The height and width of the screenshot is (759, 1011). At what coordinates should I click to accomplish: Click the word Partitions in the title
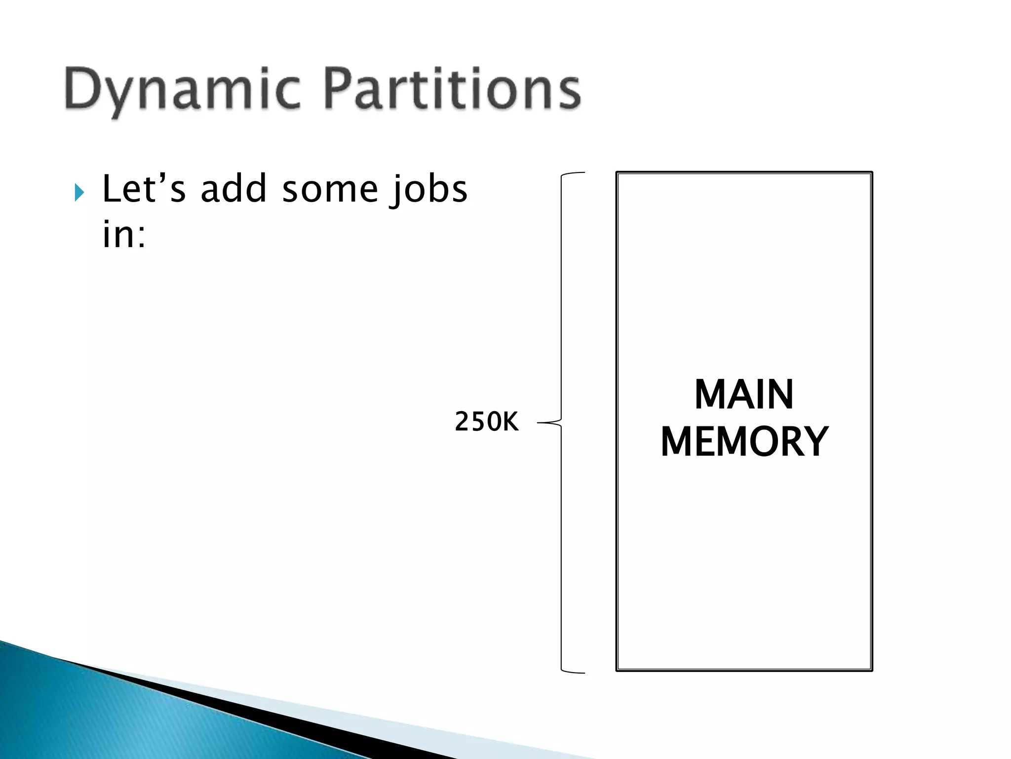(452, 89)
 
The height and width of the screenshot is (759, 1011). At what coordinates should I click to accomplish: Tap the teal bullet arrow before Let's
(79, 192)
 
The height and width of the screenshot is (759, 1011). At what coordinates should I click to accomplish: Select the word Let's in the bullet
(144, 189)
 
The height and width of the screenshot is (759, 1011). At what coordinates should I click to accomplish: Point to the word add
(233, 189)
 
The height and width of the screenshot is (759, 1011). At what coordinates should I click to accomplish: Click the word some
(330, 190)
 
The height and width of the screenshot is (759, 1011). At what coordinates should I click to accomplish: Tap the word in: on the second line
(124, 234)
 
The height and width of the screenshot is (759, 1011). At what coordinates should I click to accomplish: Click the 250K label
(486, 422)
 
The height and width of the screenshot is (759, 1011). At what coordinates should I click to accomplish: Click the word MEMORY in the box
(744, 442)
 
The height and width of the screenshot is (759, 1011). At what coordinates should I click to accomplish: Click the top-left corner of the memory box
(617, 173)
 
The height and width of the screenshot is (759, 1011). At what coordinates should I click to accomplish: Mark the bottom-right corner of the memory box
(872, 670)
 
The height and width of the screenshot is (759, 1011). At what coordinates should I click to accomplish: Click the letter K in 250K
(510, 422)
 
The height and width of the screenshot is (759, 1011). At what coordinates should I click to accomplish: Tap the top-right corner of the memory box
(872, 173)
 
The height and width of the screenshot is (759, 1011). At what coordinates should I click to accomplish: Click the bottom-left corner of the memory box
(617, 670)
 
